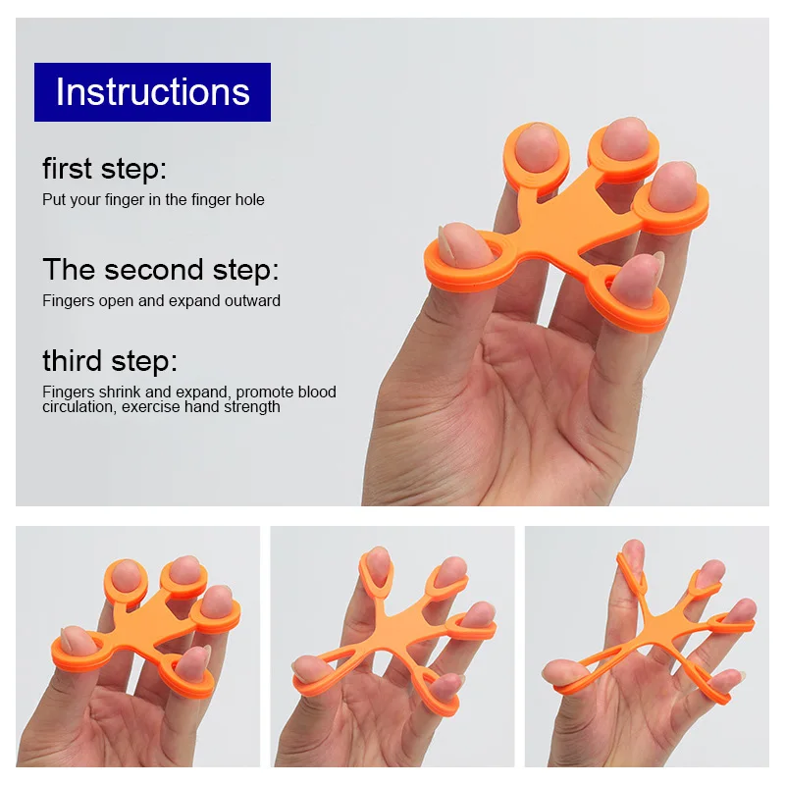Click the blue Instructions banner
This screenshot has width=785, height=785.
(152, 92)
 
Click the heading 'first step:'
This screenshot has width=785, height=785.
(104, 169)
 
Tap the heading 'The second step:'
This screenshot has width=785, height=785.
(161, 270)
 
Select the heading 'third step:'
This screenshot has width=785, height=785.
(110, 361)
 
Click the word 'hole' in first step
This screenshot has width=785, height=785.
(250, 200)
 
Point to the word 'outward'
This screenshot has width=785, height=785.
(252, 301)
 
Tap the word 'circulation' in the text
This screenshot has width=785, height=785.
(79, 406)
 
